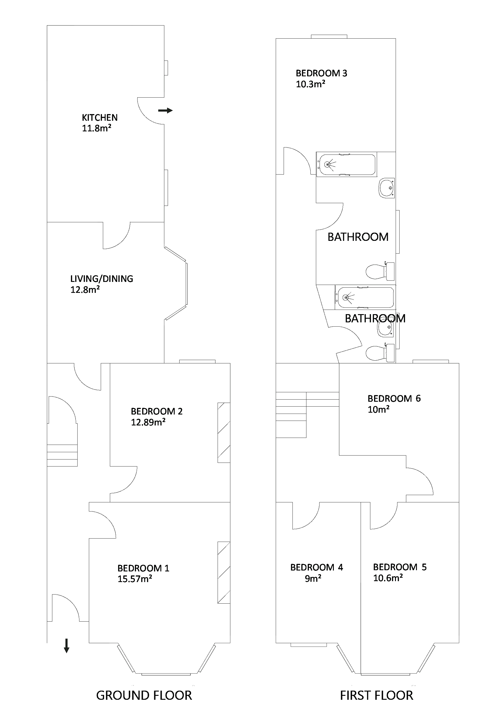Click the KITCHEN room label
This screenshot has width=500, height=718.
tap(100, 118)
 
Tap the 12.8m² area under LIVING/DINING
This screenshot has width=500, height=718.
tap(85, 290)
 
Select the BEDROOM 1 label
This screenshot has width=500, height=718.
tap(143, 568)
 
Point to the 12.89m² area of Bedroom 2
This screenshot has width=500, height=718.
tap(148, 422)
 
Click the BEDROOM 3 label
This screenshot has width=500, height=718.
tap(321, 73)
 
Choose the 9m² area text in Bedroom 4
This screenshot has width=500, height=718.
tap(313, 578)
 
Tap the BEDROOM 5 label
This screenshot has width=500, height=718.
tap(400, 567)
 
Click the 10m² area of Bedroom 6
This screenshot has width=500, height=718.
tap(378, 409)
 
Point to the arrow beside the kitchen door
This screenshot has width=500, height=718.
tap(165, 110)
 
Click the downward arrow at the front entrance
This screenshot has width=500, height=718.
tap(66, 646)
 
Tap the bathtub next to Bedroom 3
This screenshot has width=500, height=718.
tap(346, 164)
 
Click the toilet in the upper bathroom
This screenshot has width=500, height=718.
tap(380, 271)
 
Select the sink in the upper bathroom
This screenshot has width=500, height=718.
tap(387, 188)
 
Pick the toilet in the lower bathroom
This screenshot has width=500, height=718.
tap(380, 353)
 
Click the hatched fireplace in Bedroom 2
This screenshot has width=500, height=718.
tap(224, 432)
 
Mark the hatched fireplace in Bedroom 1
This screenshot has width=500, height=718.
tap(224, 572)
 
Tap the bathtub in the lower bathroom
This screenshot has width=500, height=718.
tap(365, 297)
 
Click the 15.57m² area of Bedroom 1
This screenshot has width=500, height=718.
tap(135, 579)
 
